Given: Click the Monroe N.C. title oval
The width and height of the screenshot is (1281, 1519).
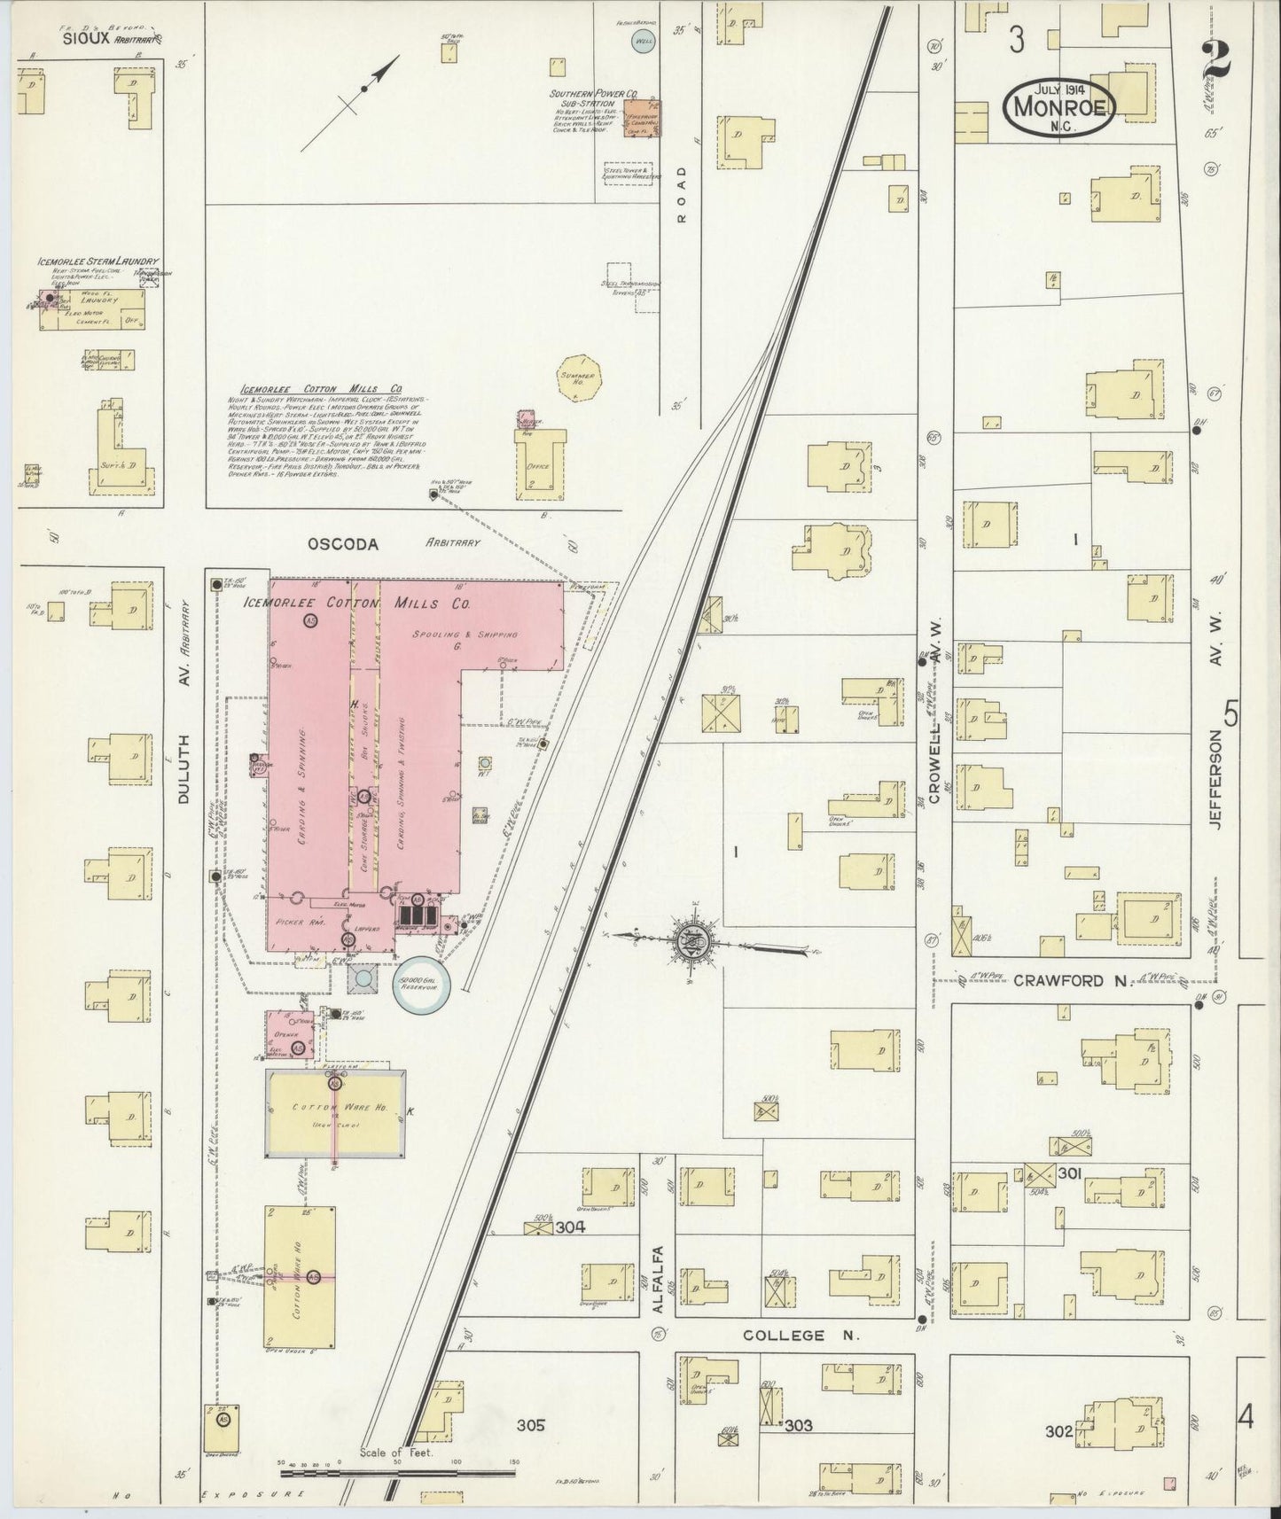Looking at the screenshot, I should click(1058, 105).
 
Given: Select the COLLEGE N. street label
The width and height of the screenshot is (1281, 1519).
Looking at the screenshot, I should click(784, 1335).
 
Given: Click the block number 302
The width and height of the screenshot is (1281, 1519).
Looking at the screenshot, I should click(1058, 1430).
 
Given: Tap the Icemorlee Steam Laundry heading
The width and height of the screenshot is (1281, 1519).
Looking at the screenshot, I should click(98, 262).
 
